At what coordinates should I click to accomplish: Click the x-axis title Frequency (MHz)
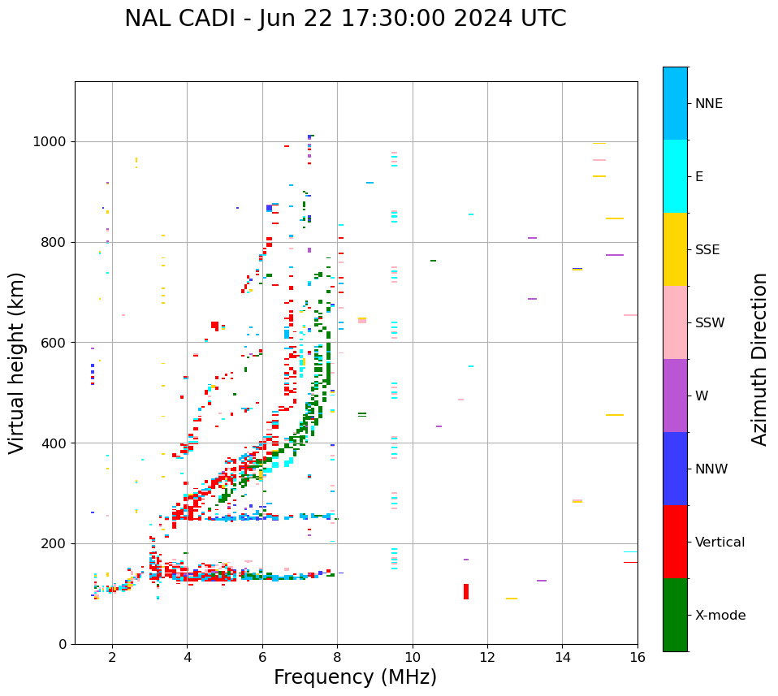point(355,677)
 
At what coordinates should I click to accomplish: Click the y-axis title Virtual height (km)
point(17,363)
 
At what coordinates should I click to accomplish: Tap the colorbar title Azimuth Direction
point(759,359)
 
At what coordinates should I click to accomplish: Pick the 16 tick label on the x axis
point(638,657)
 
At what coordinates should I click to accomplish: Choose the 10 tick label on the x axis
point(413,657)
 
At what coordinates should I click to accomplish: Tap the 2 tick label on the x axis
point(112,657)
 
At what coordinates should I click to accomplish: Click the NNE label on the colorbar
point(708,104)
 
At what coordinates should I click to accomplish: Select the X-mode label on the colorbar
point(720,616)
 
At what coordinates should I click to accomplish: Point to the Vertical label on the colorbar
point(720,543)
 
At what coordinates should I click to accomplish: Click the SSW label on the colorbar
point(710,323)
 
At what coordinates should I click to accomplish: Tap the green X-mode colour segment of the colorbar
point(675,615)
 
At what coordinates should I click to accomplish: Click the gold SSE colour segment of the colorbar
point(675,249)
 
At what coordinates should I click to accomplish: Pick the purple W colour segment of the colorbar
point(675,396)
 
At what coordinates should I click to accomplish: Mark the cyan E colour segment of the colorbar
point(675,176)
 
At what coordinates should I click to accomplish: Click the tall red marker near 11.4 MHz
point(466,592)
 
